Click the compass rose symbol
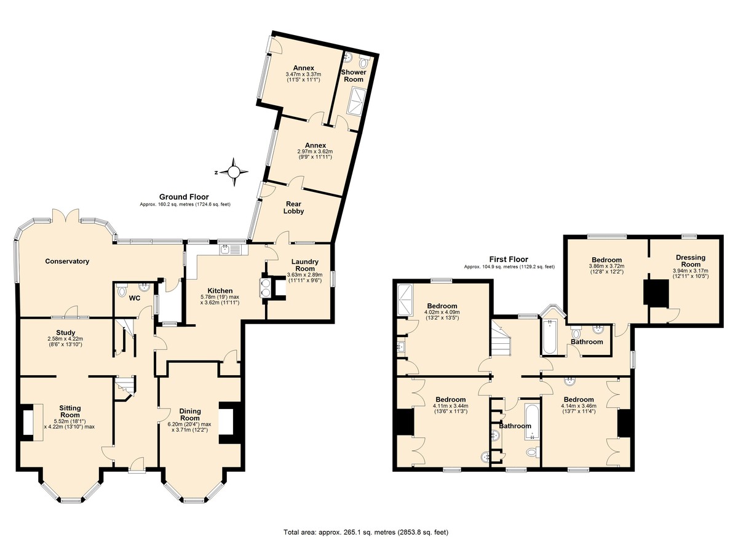[x=234, y=172]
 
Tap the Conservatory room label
[x=67, y=261]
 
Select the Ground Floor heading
[x=184, y=197]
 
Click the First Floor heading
[x=509, y=260]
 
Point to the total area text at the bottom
[x=366, y=523]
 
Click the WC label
[x=135, y=298]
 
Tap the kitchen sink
[x=231, y=250]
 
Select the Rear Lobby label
[x=293, y=207]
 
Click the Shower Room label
[x=354, y=76]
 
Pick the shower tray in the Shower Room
[x=356, y=101]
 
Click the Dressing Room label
[x=691, y=261]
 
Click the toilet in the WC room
[x=122, y=291]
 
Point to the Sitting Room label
[x=70, y=412]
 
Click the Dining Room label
[x=190, y=415]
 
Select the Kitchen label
[x=220, y=291]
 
